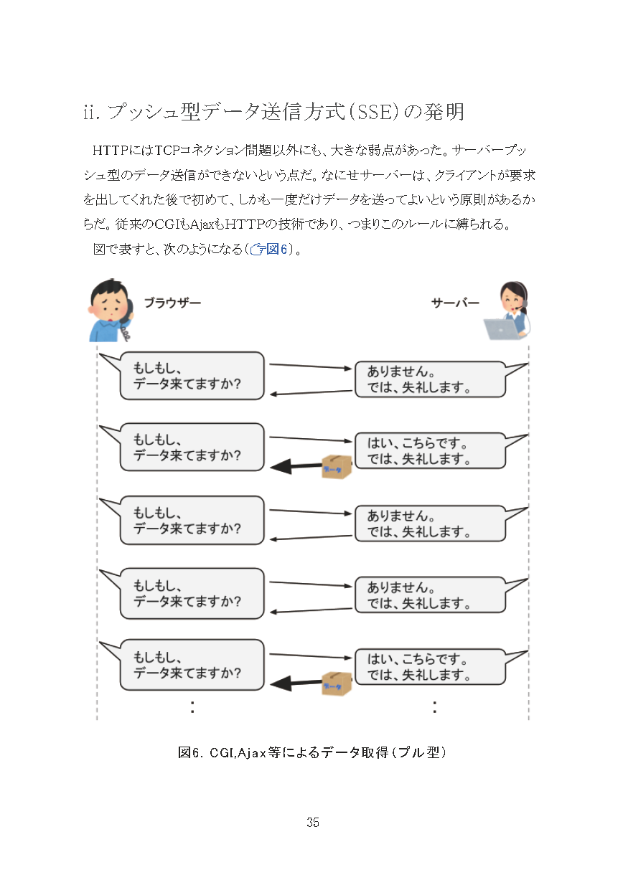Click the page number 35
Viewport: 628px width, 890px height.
tap(313, 823)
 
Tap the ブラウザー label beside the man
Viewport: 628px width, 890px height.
tap(172, 303)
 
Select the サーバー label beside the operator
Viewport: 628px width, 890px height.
tap(455, 303)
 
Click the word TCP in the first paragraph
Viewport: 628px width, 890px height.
tap(167, 151)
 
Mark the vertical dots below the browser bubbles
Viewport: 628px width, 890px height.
tap(192, 706)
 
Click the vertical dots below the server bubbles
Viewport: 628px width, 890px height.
tap(435, 706)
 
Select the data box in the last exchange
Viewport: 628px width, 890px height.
tap(336, 683)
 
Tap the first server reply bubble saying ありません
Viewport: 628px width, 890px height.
tap(430, 380)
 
